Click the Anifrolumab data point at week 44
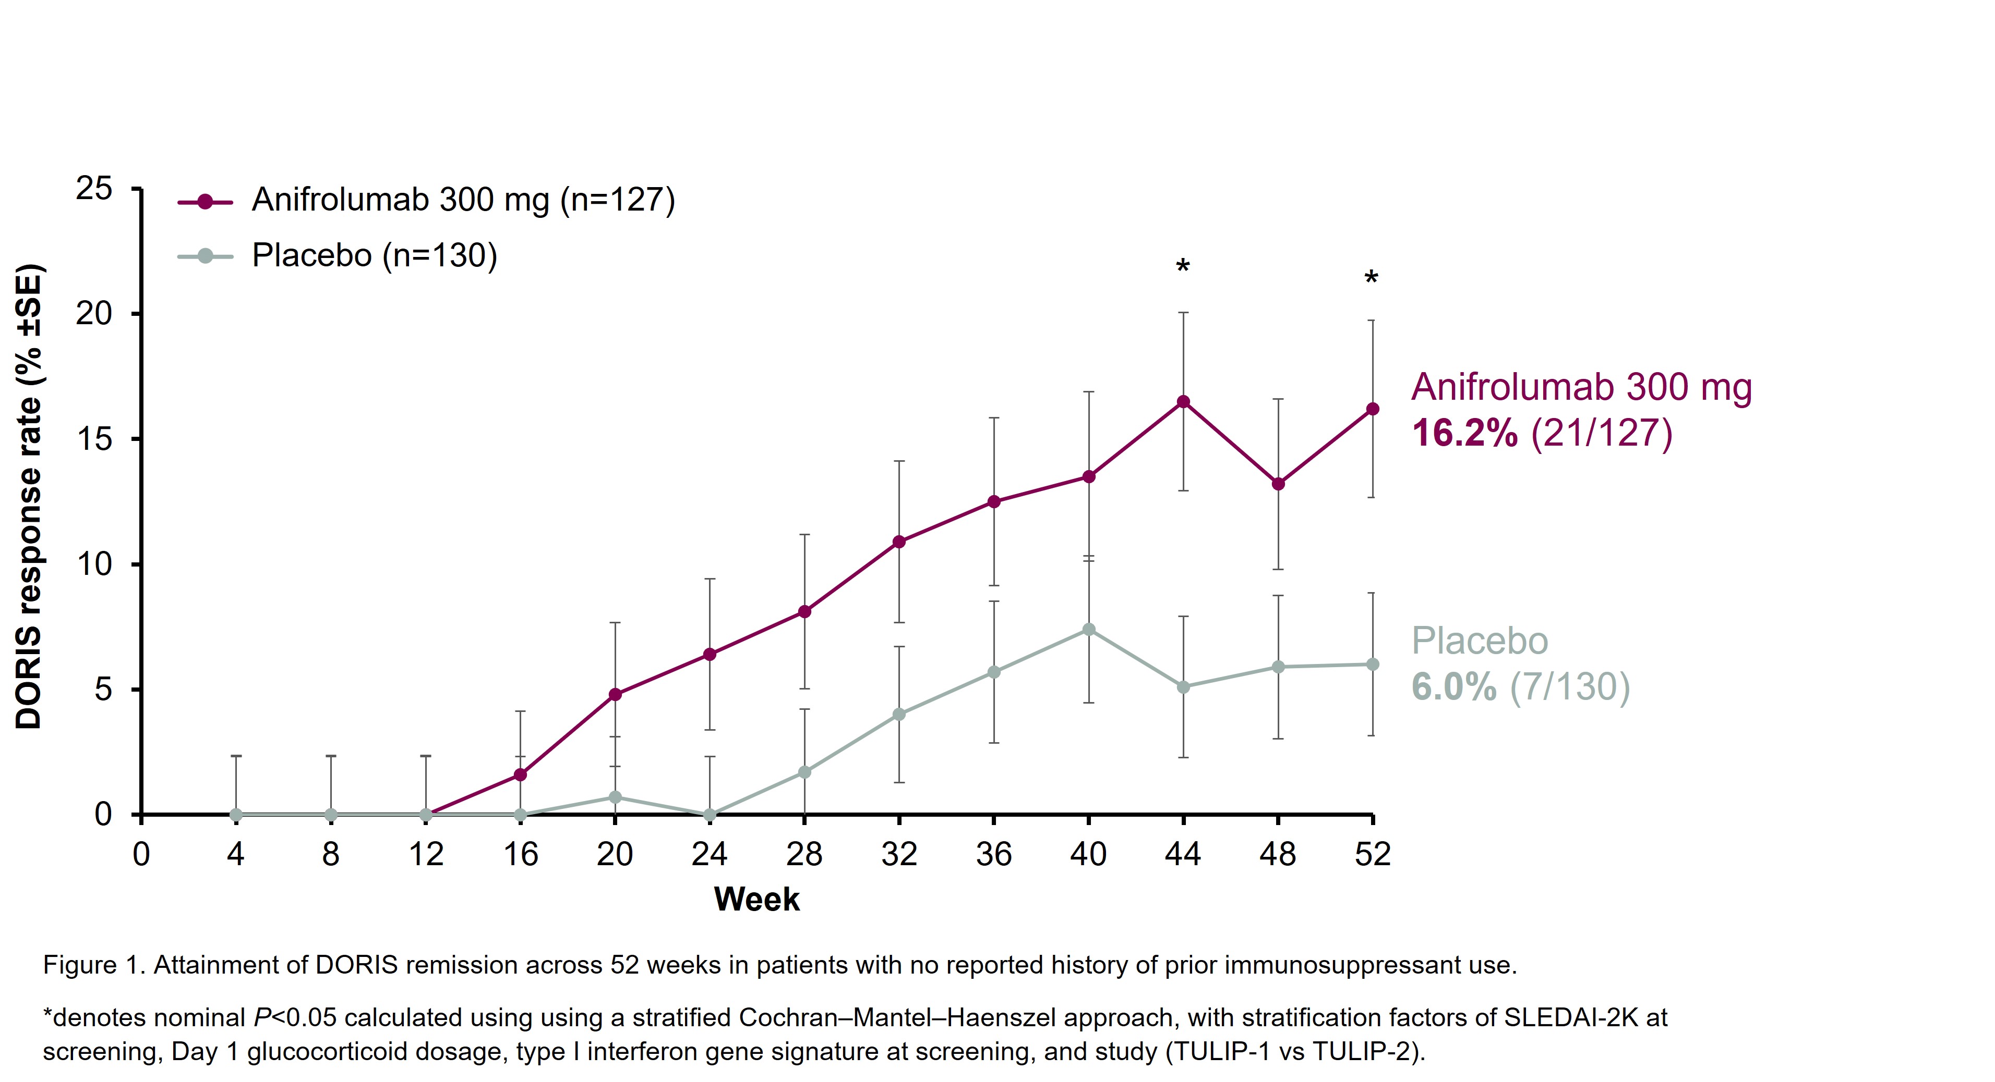[x=1183, y=402]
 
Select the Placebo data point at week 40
[x=1089, y=629]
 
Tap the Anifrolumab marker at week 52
[x=1372, y=409]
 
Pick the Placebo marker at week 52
[x=1372, y=664]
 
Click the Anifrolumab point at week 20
[x=616, y=694]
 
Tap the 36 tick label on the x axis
[x=994, y=854]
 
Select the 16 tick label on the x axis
[x=521, y=854]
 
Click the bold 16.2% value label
[x=1464, y=433]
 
